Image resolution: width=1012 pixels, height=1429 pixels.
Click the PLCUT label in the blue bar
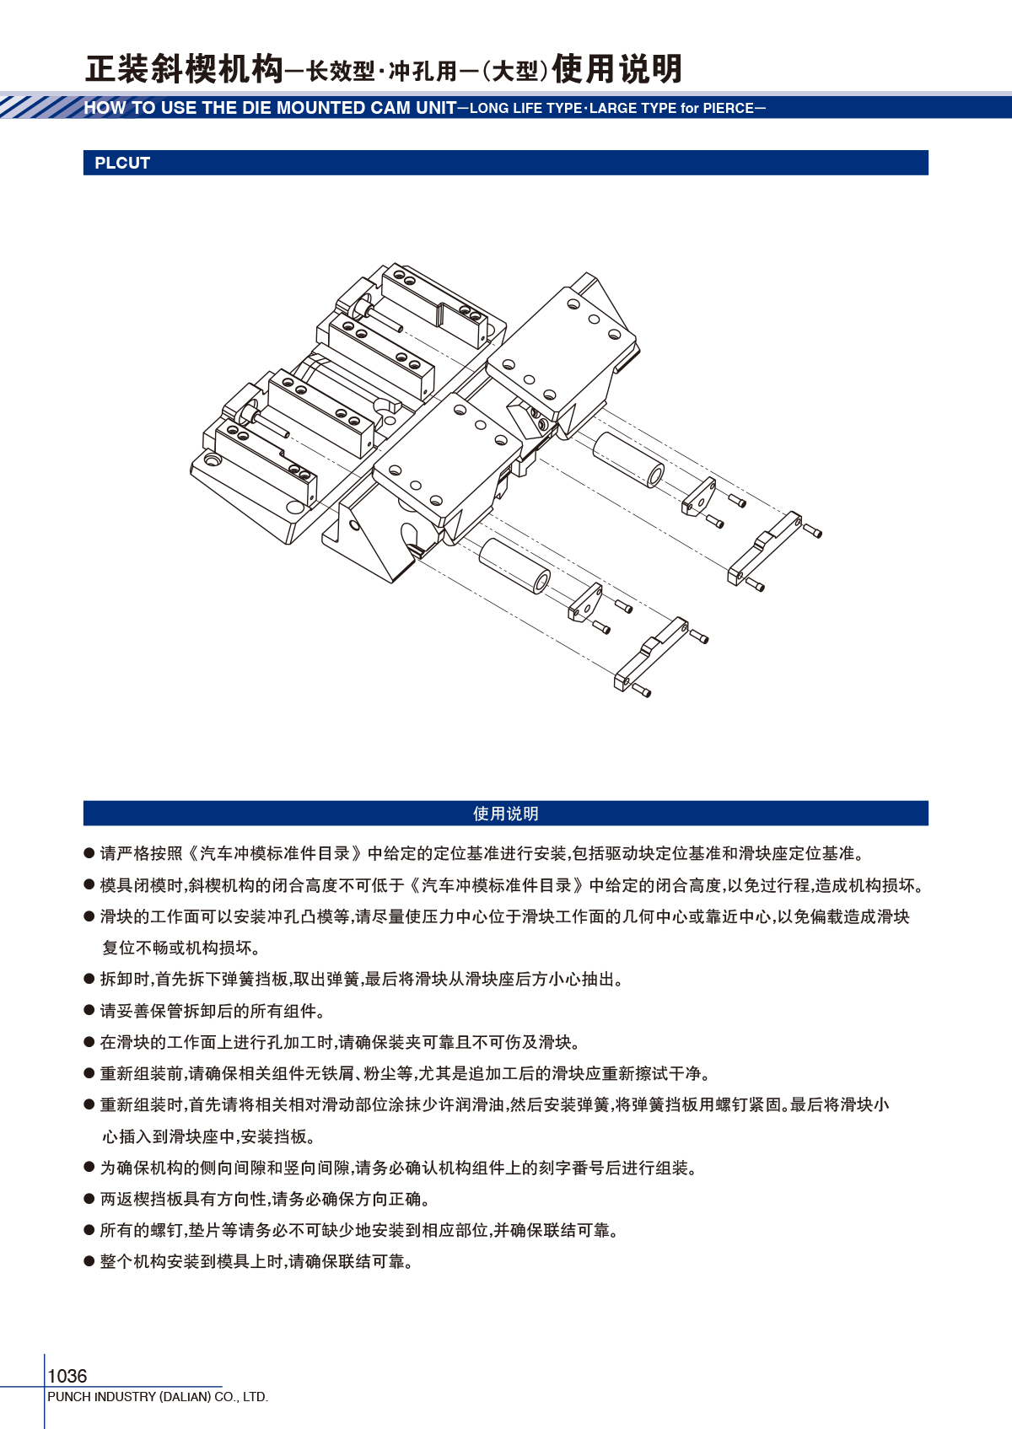point(122,163)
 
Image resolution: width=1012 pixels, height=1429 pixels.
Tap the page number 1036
point(67,1376)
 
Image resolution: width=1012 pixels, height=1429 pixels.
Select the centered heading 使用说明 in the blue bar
point(505,814)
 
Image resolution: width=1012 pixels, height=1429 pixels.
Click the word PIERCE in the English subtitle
point(728,109)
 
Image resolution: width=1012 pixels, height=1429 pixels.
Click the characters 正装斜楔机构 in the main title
point(185,69)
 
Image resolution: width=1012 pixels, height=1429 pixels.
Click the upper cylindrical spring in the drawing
point(628,459)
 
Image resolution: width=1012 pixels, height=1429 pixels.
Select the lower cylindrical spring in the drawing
point(514,566)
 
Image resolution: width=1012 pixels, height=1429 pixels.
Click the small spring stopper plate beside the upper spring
point(698,497)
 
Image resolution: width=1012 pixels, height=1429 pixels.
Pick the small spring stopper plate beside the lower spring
point(585,602)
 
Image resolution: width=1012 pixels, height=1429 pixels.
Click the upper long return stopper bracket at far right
point(764,548)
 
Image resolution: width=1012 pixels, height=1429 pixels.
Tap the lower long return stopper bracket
point(651,654)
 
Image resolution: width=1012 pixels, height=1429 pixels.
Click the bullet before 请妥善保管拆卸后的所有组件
point(89,1010)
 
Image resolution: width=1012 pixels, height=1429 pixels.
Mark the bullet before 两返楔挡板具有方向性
point(89,1199)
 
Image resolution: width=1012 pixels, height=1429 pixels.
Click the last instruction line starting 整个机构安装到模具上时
point(256,1262)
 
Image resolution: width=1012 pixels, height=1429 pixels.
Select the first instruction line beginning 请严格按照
point(482,853)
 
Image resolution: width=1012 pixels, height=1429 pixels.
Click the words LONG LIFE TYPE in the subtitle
point(525,109)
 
